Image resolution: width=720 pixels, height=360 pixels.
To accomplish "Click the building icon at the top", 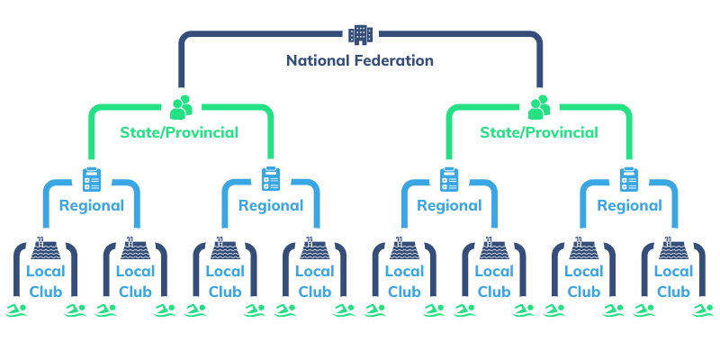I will [x=359, y=34].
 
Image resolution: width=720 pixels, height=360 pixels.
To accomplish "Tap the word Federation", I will [x=395, y=61].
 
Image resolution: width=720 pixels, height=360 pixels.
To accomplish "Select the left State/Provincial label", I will [x=179, y=133].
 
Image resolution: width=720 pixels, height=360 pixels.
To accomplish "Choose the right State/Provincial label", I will [x=539, y=133].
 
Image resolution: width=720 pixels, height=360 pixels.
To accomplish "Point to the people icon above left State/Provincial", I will [x=181, y=107].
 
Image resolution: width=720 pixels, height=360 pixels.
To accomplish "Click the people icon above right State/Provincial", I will [x=539, y=107].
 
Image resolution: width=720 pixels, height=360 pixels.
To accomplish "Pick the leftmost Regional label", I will [x=91, y=205].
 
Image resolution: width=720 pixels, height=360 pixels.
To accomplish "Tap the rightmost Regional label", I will [x=629, y=205].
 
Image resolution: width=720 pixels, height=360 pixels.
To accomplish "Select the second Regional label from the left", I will [x=271, y=205].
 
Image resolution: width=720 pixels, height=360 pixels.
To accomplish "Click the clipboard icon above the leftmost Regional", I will [x=91, y=178].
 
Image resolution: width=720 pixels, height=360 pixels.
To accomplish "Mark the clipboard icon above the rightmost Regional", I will [x=629, y=178].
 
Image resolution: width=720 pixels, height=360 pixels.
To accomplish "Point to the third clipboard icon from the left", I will [x=449, y=178].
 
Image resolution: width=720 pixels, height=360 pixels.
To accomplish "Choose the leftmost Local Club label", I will [x=46, y=281].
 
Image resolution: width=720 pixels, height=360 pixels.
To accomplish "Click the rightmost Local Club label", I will [x=674, y=281].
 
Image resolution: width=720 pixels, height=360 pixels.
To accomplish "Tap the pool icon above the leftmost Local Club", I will [x=46, y=247].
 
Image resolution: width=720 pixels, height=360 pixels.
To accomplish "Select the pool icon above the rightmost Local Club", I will [x=674, y=247].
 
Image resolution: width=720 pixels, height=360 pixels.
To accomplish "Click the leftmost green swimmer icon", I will [x=16, y=310].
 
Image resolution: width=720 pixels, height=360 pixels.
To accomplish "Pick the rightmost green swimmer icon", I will [x=703, y=310].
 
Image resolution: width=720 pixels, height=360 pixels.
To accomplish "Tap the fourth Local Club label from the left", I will [x=315, y=281].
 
